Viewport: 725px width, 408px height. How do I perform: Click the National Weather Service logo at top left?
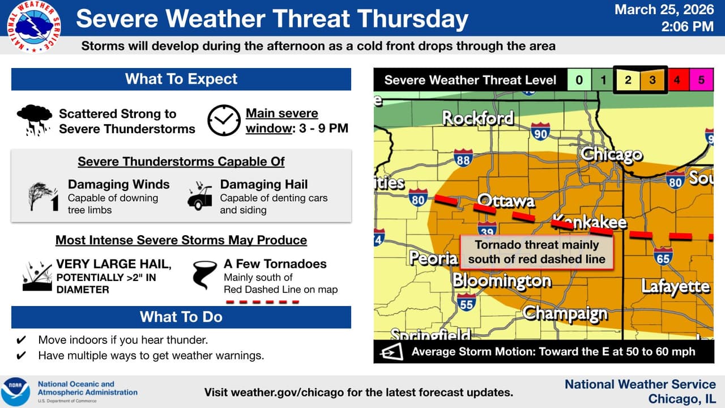pyautogui.click(x=33, y=26)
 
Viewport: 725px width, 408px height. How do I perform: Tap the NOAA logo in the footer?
pyautogui.click(x=16, y=392)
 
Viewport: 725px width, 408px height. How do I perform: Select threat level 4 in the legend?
pyautogui.click(x=677, y=80)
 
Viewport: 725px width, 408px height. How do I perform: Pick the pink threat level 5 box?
pyautogui.click(x=701, y=80)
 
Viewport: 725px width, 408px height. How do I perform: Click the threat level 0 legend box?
pyautogui.click(x=579, y=80)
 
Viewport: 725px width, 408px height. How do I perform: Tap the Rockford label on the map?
pyautogui.click(x=477, y=118)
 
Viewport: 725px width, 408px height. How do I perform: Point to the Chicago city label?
pyautogui.click(x=611, y=154)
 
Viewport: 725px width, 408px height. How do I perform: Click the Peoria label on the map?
pyautogui.click(x=433, y=258)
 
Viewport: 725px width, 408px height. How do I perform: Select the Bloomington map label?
pyautogui.click(x=502, y=280)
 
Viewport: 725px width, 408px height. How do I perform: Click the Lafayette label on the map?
pyautogui.click(x=675, y=286)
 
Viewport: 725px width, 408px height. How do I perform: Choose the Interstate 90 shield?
pyautogui.click(x=540, y=131)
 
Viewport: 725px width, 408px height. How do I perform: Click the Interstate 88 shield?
pyautogui.click(x=463, y=158)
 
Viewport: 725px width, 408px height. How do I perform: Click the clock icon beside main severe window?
pyautogui.click(x=224, y=121)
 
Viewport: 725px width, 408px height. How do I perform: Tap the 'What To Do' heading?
pyautogui.click(x=181, y=317)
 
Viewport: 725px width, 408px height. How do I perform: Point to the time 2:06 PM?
pyautogui.click(x=688, y=26)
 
